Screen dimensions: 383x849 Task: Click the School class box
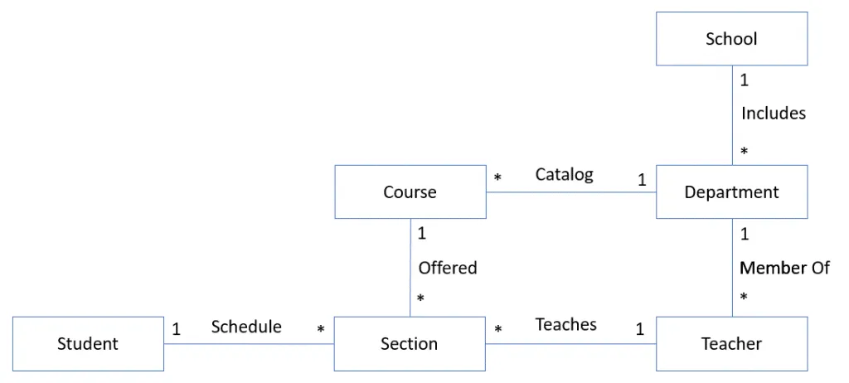[731, 39]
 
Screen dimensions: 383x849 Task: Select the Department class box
[731, 192]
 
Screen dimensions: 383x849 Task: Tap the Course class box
[410, 192]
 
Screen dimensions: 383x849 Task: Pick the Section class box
[410, 343]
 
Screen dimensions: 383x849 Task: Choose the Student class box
[88, 343]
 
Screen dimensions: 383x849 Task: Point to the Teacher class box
[731, 343]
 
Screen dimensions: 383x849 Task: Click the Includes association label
[773, 114]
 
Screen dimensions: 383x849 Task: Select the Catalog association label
[564, 174]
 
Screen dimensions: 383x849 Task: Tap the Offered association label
[448, 268]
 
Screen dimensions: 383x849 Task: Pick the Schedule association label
[246, 327]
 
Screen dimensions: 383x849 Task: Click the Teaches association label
[565, 325]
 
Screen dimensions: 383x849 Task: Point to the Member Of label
[784, 268]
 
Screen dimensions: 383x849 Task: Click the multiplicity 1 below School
[745, 80]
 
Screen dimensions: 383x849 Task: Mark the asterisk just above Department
[745, 153]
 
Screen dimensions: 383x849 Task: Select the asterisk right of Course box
[498, 178]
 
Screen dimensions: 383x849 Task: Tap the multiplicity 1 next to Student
[177, 329]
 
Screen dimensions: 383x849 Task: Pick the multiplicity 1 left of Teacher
[640, 329]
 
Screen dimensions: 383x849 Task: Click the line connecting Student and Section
[249, 344]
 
